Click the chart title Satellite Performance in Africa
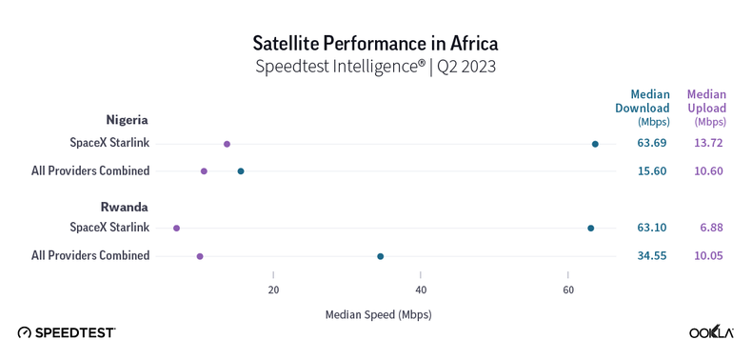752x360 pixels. (375, 43)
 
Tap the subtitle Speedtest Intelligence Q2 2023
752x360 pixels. (375, 67)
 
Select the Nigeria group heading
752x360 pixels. (127, 120)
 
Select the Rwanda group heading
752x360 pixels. (125, 207)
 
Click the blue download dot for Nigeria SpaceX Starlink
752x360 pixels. (595, 144)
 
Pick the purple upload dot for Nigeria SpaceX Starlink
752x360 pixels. (227, 144)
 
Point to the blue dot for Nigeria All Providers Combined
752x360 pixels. (241, 171)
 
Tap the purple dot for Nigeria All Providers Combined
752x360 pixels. (204, 171)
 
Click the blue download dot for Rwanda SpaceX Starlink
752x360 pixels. (591, 229)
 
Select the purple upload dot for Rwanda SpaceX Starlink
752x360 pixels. (176, 229)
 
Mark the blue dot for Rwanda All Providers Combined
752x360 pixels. (381, 256)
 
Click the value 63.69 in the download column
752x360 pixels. (652, 144)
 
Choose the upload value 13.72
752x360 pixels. (708, 144)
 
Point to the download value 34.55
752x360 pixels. (652, 256)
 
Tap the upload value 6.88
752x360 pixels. (711, 229)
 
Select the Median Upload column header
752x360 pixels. (706, 107)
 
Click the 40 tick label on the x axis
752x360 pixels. (421, 290)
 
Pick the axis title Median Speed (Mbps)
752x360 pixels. (378, 314)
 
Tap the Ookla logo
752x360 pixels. (711, 331)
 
